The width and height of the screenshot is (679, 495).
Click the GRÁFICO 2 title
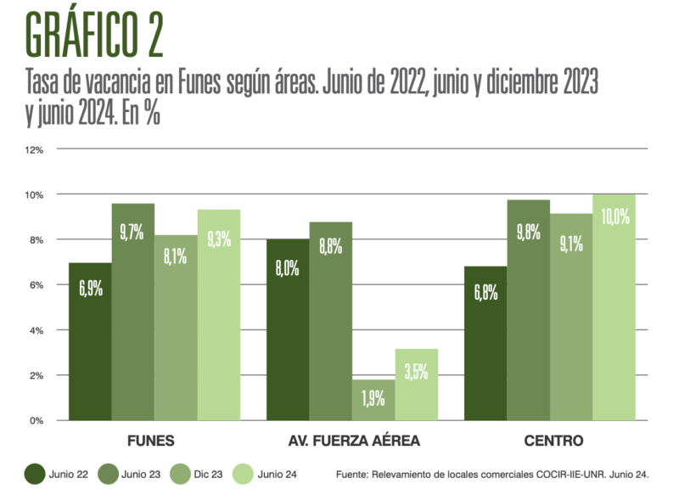(x=93, y=34)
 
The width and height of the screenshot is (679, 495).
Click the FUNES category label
(x=150, y=441)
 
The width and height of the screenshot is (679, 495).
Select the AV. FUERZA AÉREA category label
(x=351, y=441)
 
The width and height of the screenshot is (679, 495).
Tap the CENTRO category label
(x=553, y=441)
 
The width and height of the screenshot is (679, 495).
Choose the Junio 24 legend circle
(x=244, y=474)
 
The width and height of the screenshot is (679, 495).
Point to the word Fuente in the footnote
(x=354, y=474)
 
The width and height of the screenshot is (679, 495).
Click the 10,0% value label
(x=614, y=217)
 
